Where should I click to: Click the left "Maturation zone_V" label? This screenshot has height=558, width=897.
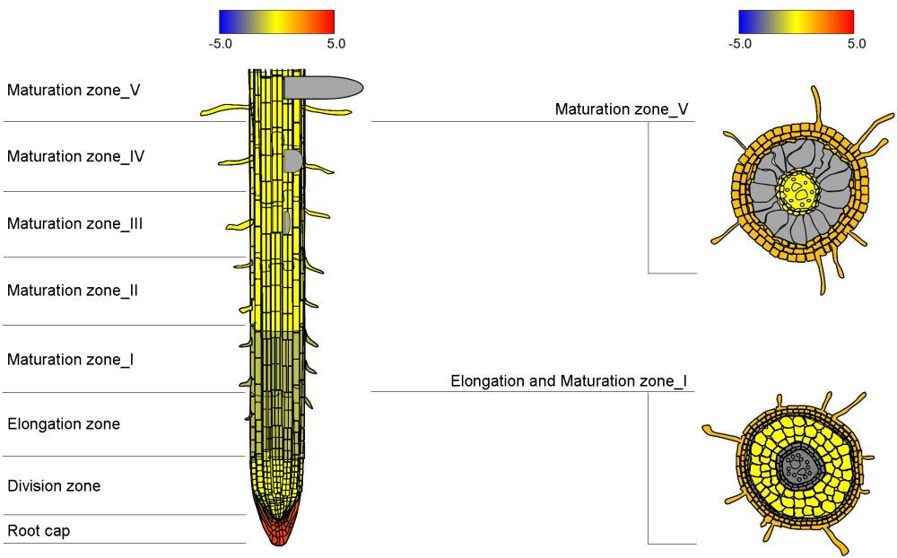coord(74,90)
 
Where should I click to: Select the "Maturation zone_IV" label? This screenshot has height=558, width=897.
coord(76,156)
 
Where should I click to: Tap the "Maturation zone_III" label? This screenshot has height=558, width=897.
coord(75,223)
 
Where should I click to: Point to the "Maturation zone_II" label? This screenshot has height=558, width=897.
coord(73,291)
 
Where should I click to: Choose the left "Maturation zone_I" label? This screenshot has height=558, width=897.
coord(71,360)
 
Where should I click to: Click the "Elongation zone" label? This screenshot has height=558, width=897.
coord(64,424)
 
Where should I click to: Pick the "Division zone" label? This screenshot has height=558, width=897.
coord(54,486)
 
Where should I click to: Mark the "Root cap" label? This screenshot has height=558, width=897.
coord(39,531)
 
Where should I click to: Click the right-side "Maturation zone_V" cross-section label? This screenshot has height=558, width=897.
coord(622,109)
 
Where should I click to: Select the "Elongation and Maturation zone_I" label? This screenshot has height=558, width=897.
coord(569,381)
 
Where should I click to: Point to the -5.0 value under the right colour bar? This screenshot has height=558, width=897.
coord(739,43)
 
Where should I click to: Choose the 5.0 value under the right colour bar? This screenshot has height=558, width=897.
coord(856,43)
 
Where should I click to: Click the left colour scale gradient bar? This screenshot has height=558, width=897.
coord(276,22)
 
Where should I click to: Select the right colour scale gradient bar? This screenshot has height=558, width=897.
coord(796,22)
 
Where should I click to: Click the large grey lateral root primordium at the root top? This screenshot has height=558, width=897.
coord(323,87)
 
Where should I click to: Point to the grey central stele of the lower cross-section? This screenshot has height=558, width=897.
coord(796,465)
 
